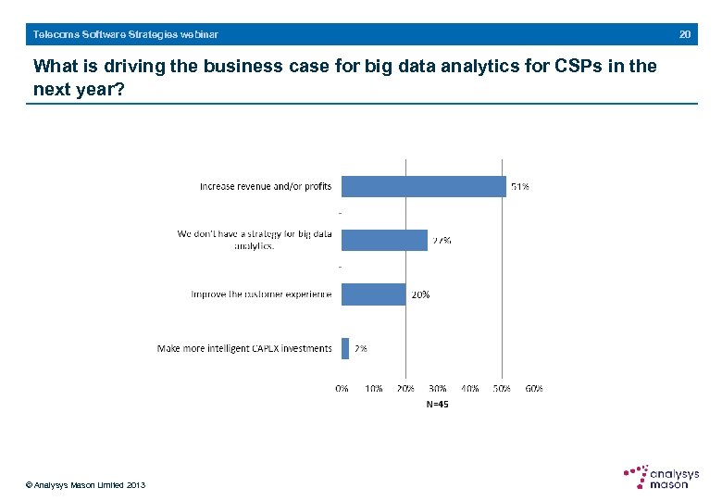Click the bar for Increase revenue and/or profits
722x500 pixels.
(x=423, y=186)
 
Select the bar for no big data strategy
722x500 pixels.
(x=384, y=240)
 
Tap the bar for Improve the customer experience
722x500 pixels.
(x=373, y=294)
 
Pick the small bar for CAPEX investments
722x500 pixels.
(x=345, y=348)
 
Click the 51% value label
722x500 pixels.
(x=520, y=186)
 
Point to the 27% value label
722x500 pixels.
(x=442, y=240)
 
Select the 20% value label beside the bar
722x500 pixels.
(x=419, y=294)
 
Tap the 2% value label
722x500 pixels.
(x=360, y=348)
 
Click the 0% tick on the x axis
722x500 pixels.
(x=342, y=389)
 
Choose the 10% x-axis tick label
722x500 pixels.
(x=374, y=389)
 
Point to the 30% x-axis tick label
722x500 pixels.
(x=438, y=389)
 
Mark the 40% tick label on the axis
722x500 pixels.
(x=469, y=389)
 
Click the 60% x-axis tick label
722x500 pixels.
(x=533, y=389)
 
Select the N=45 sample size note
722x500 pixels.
(x=437, y=404)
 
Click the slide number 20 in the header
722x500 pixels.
(x=685, y=34)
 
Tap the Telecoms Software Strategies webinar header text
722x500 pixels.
(x=126, y=34)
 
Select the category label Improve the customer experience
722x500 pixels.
(x=261, y=294)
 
